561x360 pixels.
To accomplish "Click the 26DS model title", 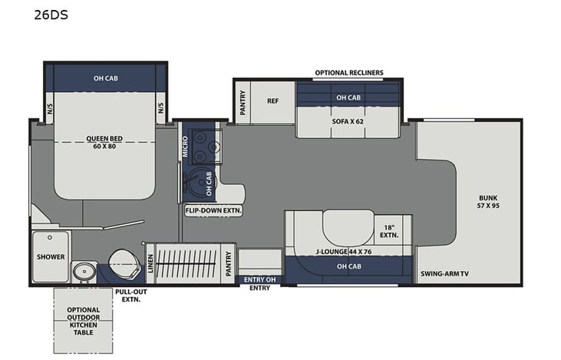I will tap(51, 13).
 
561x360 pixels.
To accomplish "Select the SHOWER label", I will tap(51, 256).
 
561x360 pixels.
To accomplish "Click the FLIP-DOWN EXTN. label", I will tap(212, 210).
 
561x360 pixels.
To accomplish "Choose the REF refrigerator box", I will tap(272, 101).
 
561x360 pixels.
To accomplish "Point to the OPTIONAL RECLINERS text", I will tap(348, 73).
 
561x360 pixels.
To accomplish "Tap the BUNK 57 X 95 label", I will tap(488, 200).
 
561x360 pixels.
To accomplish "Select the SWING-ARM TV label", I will tap(445, 274).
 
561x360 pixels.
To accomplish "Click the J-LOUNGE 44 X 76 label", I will tap(342, 250).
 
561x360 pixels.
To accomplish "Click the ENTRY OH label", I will tap(259, 279).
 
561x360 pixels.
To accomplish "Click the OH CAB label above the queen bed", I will tap(106, 78).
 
